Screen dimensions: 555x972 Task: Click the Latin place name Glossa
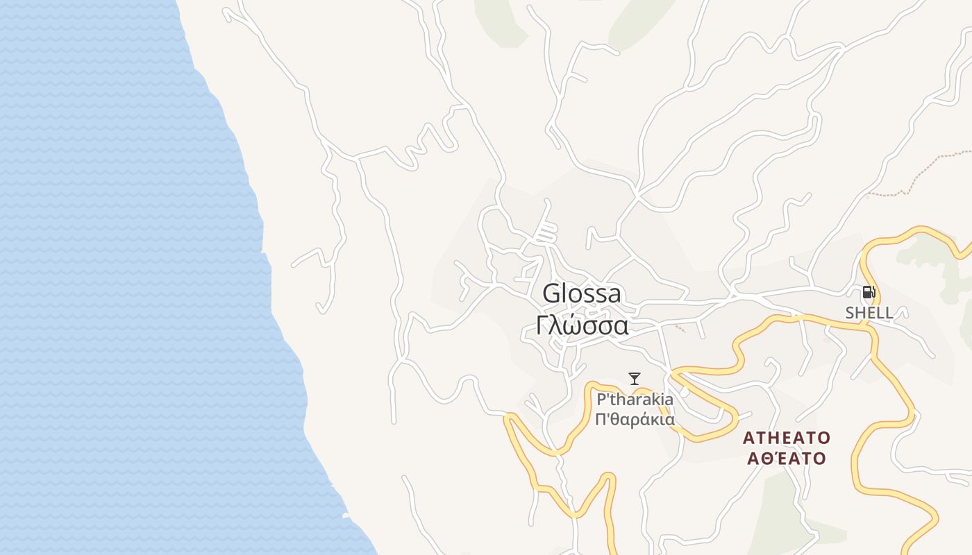coord(582,293)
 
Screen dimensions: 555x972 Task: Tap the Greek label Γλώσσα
coord(583,325)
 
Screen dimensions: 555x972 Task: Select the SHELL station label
coord(869,313)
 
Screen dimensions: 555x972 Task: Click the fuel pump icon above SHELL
coord(869,292)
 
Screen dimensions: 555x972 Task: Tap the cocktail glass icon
coord(635,379)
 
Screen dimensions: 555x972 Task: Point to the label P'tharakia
coord(635,400)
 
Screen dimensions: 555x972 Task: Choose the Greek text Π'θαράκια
coord(635,420)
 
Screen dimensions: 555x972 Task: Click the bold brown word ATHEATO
coord(786,438)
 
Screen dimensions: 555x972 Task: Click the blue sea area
coord(104,277)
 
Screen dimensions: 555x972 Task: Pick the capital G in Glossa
coord(551,293)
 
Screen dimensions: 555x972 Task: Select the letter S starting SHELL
coord(850,313)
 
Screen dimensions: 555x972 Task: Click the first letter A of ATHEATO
coord(748,438)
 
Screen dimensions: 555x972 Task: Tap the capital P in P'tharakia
coord(601,400)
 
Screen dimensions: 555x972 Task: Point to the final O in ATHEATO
coord(823,438)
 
